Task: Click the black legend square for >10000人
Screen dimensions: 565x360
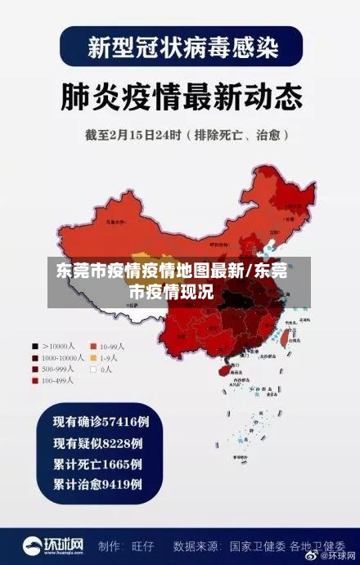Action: tap(35, 345)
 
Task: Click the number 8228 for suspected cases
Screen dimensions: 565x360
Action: tap(119, 443)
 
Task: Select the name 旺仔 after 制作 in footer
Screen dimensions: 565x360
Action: tap(145, 545)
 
